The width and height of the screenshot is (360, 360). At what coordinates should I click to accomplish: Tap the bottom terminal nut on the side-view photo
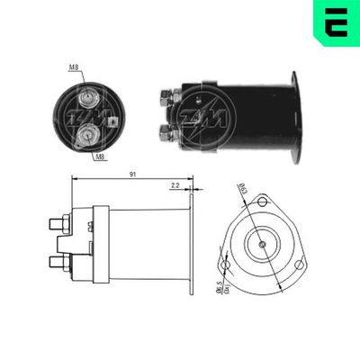166,132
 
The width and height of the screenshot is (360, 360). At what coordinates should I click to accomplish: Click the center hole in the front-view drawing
262,245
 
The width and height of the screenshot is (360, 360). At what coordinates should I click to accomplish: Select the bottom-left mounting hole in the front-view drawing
228,267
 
